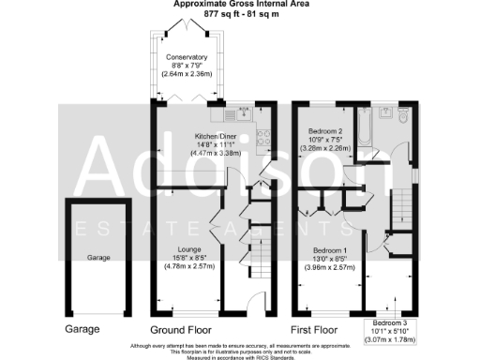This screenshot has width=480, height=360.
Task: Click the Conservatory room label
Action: (187, 57)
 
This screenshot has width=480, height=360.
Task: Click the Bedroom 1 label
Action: (335, 250)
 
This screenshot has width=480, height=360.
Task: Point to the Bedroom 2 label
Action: (329, 130)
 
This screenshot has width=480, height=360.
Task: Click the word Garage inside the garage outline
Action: (98, 257)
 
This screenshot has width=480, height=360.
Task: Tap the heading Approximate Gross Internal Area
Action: (239, 6)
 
